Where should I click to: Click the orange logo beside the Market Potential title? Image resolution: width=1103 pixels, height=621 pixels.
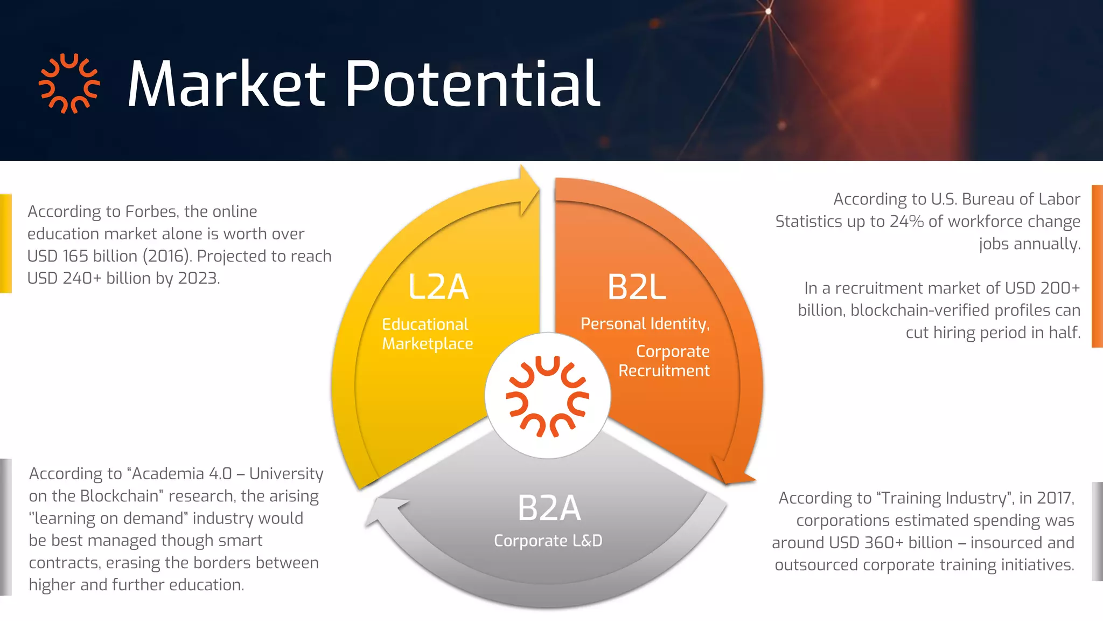(x=69, y=84)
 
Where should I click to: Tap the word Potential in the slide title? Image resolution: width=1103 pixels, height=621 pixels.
(x=472, y=84)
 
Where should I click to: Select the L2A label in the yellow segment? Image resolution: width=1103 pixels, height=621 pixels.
(x=438, y=287)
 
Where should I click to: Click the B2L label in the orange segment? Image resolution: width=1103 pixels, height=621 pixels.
(x=637, y=287)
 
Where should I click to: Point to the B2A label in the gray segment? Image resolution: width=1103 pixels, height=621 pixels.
(x=549, y=508)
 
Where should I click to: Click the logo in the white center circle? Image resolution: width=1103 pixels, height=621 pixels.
(x=548, y=396)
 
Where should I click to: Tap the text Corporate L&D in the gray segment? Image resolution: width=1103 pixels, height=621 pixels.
(x=548, y=541)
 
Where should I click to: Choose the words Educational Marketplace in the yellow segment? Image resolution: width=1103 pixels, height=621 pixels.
(x=427, y=334)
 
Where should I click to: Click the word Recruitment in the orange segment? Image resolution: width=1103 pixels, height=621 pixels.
(x=664, y=371)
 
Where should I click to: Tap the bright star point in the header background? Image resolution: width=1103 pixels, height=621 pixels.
(x=768, y=11)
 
